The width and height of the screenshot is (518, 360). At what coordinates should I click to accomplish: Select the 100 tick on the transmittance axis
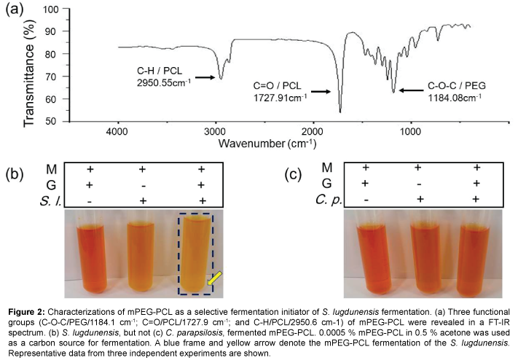[x=50, y=10]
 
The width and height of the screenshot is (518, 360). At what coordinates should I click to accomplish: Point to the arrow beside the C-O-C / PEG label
[x=412, y=91]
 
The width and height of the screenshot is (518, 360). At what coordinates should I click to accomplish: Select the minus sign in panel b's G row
[x=142, y=184]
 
